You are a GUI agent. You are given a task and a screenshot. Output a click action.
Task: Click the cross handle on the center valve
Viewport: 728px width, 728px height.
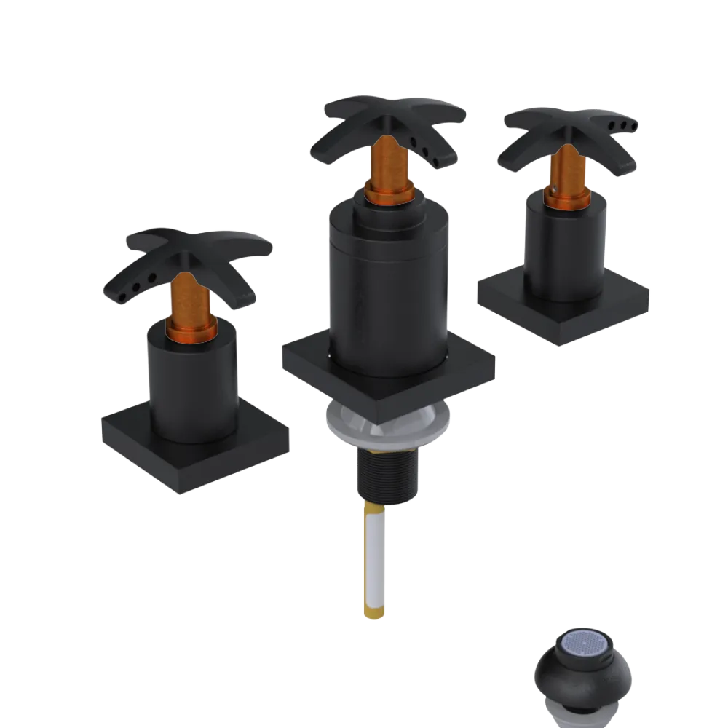(x=393, y=120)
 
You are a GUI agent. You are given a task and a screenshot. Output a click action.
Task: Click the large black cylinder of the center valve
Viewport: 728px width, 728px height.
(x=386, y=291)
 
